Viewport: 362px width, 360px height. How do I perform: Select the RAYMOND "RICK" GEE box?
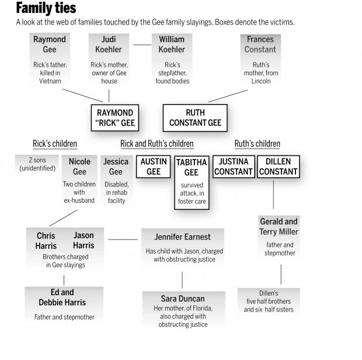pyautogui.click(x=115, y=118)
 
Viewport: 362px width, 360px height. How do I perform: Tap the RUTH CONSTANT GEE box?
pyautogui.click(x=196, y=118)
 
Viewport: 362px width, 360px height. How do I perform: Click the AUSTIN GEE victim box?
pyautogui.click(x=153, y=167)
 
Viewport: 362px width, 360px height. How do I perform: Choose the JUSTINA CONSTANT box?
pyautogui.click(x=233, y=167)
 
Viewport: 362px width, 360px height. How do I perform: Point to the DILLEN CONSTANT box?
pyautogui.click(x=278, y=167)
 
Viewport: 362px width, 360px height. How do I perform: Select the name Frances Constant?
pyautogui.click(x=260, y=45)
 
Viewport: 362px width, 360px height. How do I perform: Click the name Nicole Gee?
pyautogui.click(x=79, y=167)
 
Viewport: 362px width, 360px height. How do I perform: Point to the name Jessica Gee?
pyautogui.click(x=116, y=167)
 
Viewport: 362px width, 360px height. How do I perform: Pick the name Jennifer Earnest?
pyautogui.click(x=182, y=237)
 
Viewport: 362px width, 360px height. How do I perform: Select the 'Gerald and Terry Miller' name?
pyautogui.click(x=279, y=227)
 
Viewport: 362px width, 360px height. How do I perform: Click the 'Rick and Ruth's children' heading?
pyautogui.click(x=156, y=144)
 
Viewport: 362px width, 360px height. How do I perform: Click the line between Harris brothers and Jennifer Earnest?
pyautogui.click(x=123, y=238)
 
